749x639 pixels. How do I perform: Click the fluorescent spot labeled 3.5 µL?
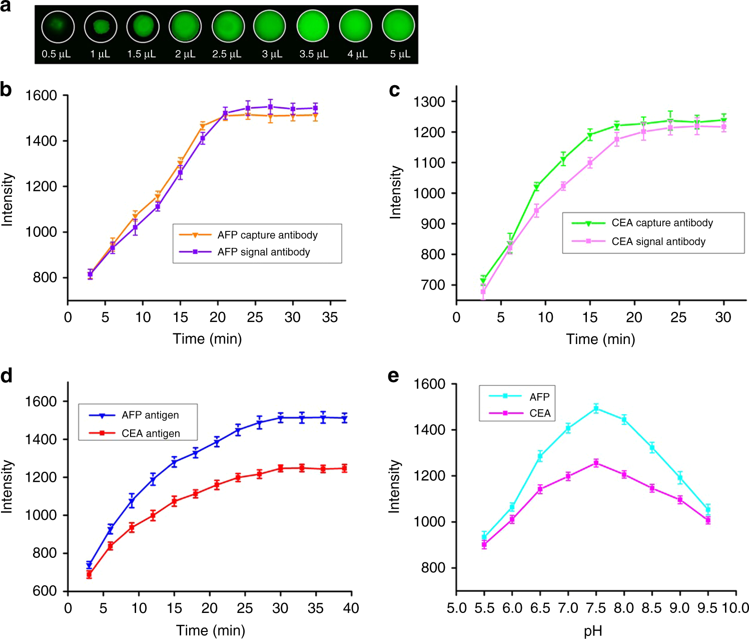coord(313,27)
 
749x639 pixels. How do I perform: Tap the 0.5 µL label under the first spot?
coord(56,54)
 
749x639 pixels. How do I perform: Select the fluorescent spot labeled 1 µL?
coord(101,27)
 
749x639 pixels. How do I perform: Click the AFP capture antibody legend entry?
coord(267,235)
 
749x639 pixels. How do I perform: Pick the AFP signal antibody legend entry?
coord(264,252)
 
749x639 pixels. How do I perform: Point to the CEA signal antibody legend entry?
coord(658,241)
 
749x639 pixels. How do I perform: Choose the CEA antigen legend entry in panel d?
coord(150,433)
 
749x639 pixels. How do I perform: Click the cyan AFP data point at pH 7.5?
coord(596,408)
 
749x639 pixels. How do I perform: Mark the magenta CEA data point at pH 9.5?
coord(708,520)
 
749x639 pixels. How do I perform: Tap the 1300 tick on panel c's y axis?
coord(429,102)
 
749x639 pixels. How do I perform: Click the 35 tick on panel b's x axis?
coord(330,317)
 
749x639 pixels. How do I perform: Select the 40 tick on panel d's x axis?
coord(351,608)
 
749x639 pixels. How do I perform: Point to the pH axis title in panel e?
coord(593,630)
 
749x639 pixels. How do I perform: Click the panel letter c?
coord(394,90)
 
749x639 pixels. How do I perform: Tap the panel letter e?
coord(394,376)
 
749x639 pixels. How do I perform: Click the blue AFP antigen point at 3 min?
coord(89,565)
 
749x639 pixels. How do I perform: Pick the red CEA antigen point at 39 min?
coord(344,468)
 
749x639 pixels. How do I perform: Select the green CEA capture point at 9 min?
coord(536,187)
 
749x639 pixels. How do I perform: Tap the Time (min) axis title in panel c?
coord(600,339)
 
